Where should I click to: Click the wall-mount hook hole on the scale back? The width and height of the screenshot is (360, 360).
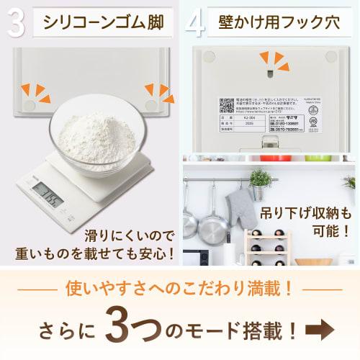pyautogui.click(x=268, y=69)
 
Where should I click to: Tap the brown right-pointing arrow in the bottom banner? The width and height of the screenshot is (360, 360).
pyautogui.click(x=323, y=330)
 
